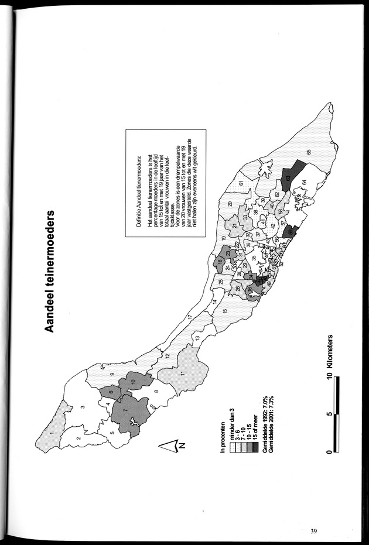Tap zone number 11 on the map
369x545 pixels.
coord(182,373)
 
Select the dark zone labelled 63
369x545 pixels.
coord(288,177)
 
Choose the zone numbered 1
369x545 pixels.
coord(53,433)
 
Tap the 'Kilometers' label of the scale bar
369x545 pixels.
coord(330,357)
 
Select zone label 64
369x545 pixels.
coord(305,182)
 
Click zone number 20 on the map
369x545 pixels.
coord(231,203)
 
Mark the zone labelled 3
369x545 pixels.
coord(83,407)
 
